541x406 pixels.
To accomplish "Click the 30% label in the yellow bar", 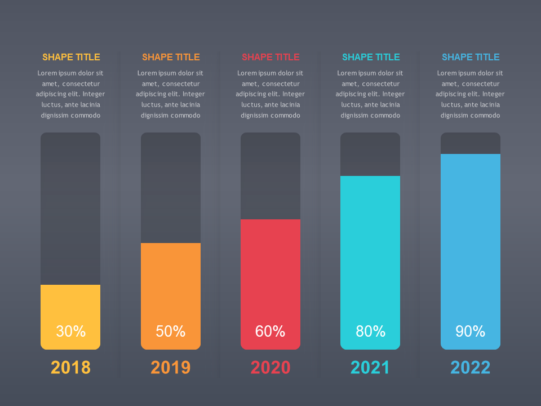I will pos(70,332).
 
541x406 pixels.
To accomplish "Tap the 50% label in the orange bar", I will pos(171,332).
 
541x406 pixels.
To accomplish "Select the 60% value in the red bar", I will pos(270,332).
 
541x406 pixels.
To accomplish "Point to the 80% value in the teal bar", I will pos(370,332).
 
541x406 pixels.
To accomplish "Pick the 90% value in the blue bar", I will pos(470,332).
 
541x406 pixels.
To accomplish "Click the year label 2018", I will pos(70,368).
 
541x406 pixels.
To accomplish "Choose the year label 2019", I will pos(171,368).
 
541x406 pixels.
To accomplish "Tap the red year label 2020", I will pos(270,368).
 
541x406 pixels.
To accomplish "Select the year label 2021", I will pos(370,368).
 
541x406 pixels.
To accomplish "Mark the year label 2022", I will pos(470,368).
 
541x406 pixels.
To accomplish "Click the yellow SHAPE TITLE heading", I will pos(71,57).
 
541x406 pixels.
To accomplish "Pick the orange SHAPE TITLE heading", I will pos(171,57).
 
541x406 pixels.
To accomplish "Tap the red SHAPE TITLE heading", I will pos(270,57).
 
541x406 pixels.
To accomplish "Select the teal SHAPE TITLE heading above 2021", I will pos(371,57).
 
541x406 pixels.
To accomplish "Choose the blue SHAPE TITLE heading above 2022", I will pos(471,57).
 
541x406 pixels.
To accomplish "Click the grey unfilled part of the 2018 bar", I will pos(70,209).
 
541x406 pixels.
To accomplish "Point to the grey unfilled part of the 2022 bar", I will pos(471,143).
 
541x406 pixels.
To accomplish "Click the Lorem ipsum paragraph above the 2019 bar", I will pos(171,94).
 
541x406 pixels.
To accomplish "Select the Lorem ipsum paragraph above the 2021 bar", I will pos(370,94).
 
